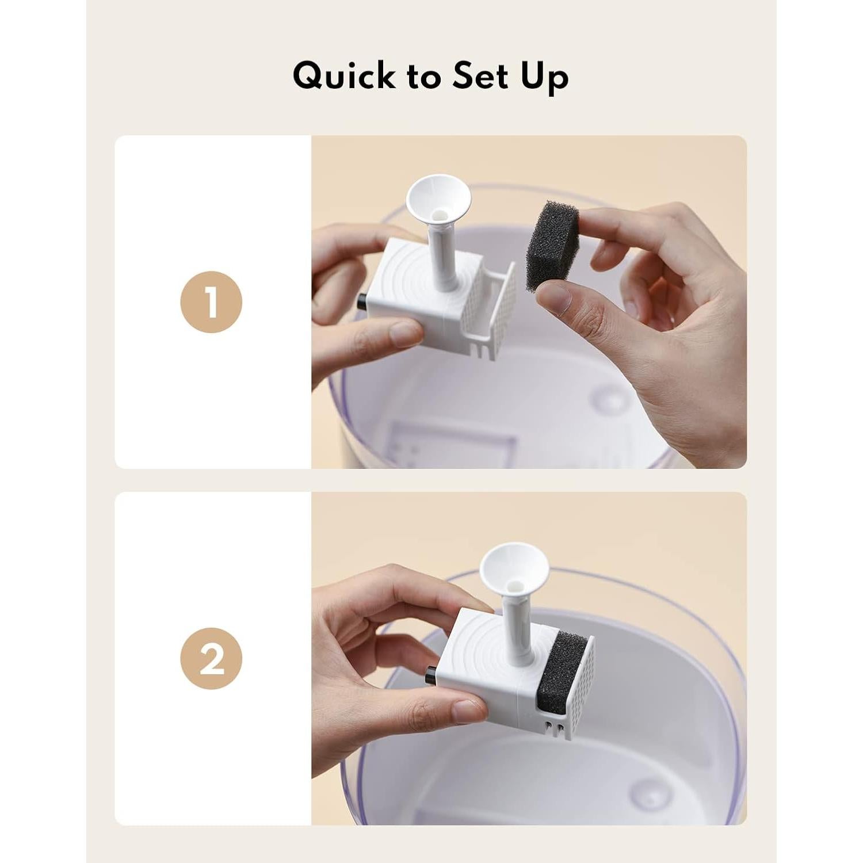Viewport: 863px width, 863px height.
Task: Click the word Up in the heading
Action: [544, 78]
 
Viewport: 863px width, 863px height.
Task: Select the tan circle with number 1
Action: [211, 301]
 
